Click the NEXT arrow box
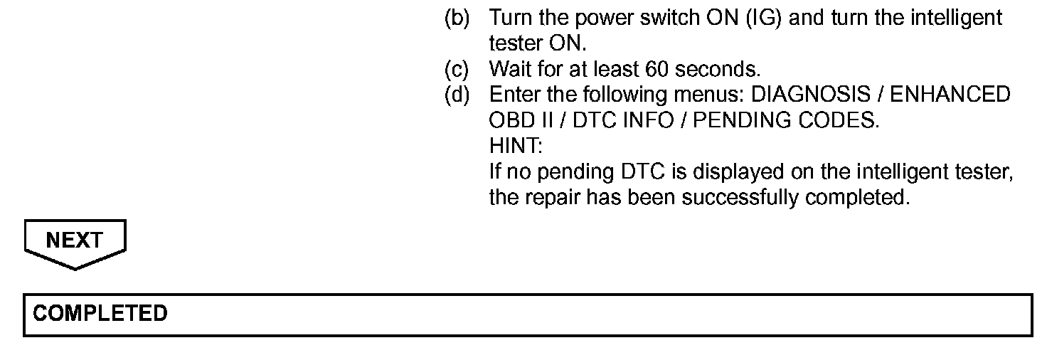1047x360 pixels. tap(75, 242)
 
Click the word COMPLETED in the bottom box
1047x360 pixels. tap(100, 314)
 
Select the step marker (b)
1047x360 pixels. tap(457, 18)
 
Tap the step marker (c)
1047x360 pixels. tap(457, 70)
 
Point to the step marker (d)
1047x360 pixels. tap(457, 95)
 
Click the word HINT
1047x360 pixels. tap(515, 147)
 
